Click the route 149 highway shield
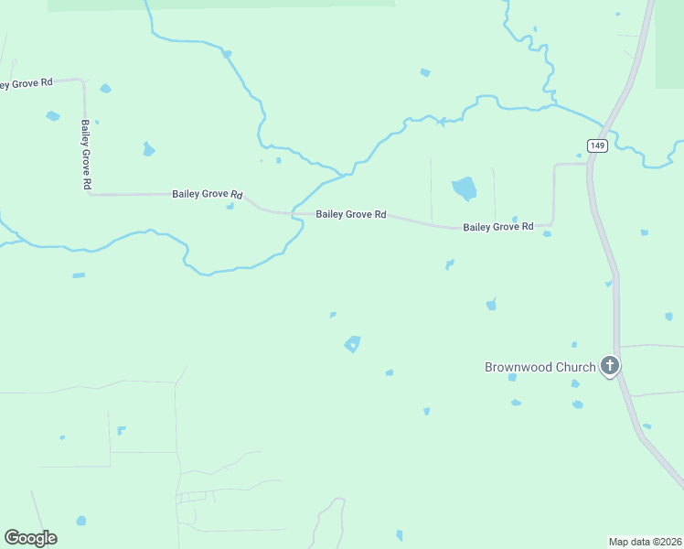[597, 145]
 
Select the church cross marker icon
[610, 367]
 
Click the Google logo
[30, 537]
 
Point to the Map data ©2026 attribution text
[645, 541]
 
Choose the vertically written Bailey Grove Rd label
[85, 155]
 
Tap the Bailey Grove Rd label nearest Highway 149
[497, 226]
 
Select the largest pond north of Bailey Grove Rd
[465, 188]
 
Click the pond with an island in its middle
[352, 344]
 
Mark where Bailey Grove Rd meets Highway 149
[588, 165]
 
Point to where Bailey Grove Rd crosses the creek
[294, 213]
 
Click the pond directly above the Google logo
[81, 521]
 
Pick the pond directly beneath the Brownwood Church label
[512, 377]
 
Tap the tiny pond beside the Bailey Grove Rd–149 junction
[579, 156]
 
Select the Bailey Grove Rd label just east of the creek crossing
[351, 214]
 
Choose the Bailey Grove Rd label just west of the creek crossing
[207, 194]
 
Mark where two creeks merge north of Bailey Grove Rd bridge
[346, 173]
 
